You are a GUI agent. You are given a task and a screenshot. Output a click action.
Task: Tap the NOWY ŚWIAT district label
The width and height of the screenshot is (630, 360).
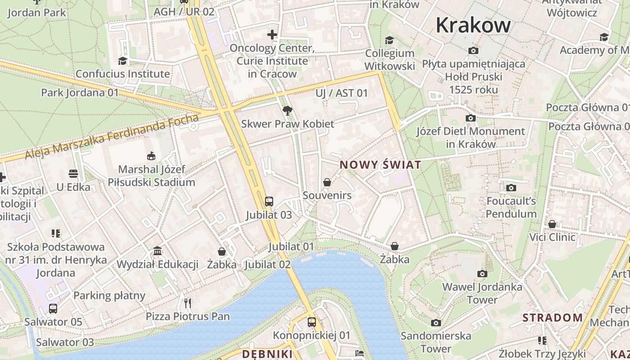(380, 165)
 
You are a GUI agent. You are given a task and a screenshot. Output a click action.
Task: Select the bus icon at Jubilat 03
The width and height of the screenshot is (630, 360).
(269, 201)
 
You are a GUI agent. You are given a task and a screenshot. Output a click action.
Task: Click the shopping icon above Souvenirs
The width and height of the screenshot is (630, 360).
(327, 182)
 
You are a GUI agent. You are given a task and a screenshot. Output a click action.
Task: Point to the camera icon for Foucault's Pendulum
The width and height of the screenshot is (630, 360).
(511, 188)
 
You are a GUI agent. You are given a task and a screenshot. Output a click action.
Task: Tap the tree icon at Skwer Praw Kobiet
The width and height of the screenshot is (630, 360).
(287, 110)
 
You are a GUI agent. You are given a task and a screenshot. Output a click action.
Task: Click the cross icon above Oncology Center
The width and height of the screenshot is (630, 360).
(272, 35)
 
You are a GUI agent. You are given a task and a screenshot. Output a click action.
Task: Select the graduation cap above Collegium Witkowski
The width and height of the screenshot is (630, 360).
(389, 40)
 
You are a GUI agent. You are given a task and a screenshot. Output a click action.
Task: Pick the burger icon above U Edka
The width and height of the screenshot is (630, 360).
(73, 174)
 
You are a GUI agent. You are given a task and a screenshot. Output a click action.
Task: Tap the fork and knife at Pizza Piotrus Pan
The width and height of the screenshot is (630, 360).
(188, 303)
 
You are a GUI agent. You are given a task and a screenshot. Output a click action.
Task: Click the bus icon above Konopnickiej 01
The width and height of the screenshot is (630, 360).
(311, 322)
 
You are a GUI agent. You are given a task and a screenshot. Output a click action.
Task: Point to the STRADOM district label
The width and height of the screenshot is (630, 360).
(553, 318)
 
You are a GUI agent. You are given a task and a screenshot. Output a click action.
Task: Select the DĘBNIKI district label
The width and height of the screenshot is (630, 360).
(267, 354)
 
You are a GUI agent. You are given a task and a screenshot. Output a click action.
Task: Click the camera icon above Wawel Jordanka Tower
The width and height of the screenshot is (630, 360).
(482, 274)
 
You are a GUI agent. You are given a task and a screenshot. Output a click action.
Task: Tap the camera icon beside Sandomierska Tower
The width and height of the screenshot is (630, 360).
(436, 323)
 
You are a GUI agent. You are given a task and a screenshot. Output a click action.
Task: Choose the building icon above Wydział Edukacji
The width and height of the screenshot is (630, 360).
(157, 251)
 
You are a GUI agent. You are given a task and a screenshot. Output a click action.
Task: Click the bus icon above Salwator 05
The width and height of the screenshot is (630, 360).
(53, 309)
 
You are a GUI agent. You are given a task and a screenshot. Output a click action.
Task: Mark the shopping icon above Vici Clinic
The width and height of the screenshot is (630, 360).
(552, 224)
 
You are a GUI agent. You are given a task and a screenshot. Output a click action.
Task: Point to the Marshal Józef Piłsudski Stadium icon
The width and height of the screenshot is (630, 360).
(151, 156)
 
